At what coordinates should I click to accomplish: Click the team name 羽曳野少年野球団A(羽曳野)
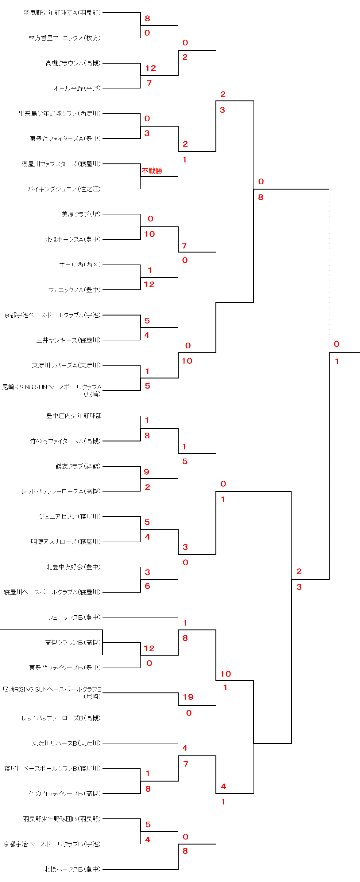(62, 13)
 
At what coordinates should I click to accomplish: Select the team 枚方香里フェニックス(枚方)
(64, 38)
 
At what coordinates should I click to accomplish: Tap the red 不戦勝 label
(152, 171)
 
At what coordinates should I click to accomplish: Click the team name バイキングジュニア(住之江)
(64, 189)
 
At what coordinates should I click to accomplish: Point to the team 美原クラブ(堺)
(81, 214)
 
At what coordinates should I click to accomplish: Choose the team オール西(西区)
(80, 265)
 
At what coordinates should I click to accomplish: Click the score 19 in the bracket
(188, 697)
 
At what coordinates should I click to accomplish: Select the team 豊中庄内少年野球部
(74, 416)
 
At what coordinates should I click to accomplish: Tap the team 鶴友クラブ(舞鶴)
(78, 466)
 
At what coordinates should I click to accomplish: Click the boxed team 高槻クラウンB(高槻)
(72, 642)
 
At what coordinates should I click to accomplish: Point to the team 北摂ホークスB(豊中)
(72, 869)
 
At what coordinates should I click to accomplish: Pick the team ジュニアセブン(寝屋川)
(69, 516)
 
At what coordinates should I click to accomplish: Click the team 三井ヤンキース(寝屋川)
(68, 340)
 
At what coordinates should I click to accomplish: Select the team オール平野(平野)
(76, 88)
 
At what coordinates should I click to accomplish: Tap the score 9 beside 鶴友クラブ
(146, 472)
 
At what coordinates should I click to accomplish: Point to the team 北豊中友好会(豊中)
(73, 567)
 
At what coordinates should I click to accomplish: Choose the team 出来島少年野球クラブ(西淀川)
(59, 113)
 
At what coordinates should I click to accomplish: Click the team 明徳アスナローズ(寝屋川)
(65, 542)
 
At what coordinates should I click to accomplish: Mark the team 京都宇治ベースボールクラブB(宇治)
(52, 844)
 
